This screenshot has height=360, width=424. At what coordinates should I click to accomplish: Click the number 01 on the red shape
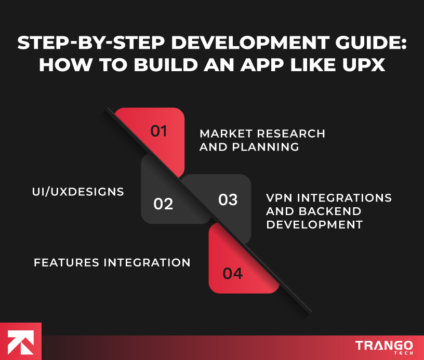click(159, 131)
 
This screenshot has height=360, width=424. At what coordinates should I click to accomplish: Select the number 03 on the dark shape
click(228, 199)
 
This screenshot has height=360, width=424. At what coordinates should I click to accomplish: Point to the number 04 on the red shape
click(232, 273)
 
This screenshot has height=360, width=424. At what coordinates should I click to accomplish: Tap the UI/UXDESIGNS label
click(78, 192)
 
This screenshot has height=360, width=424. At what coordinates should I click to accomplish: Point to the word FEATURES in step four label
click(67, 262)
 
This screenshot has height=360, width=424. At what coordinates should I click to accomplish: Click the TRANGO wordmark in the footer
click(385, 345)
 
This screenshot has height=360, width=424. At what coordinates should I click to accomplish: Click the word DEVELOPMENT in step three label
click(314, 225)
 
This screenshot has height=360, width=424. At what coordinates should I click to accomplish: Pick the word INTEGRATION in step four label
click(147, 262)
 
